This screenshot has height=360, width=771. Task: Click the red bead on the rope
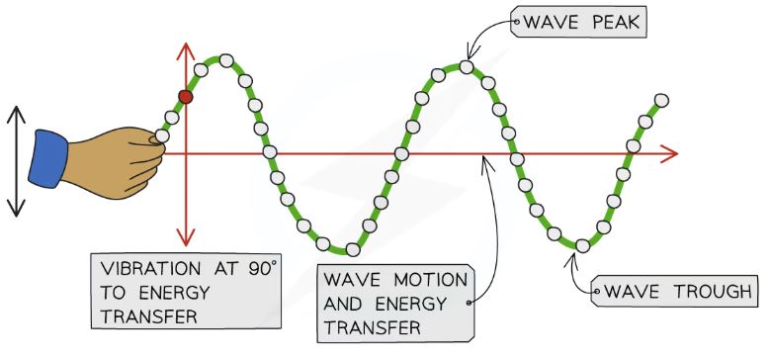pos(185,96)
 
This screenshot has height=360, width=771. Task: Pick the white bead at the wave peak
pos(465,67)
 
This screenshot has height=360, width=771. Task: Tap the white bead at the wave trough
pos(582,244)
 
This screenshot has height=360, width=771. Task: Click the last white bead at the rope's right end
pos(661,100)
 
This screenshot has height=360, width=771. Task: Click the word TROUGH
pos(707,293)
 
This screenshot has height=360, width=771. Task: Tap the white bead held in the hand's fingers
pos(161,135)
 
